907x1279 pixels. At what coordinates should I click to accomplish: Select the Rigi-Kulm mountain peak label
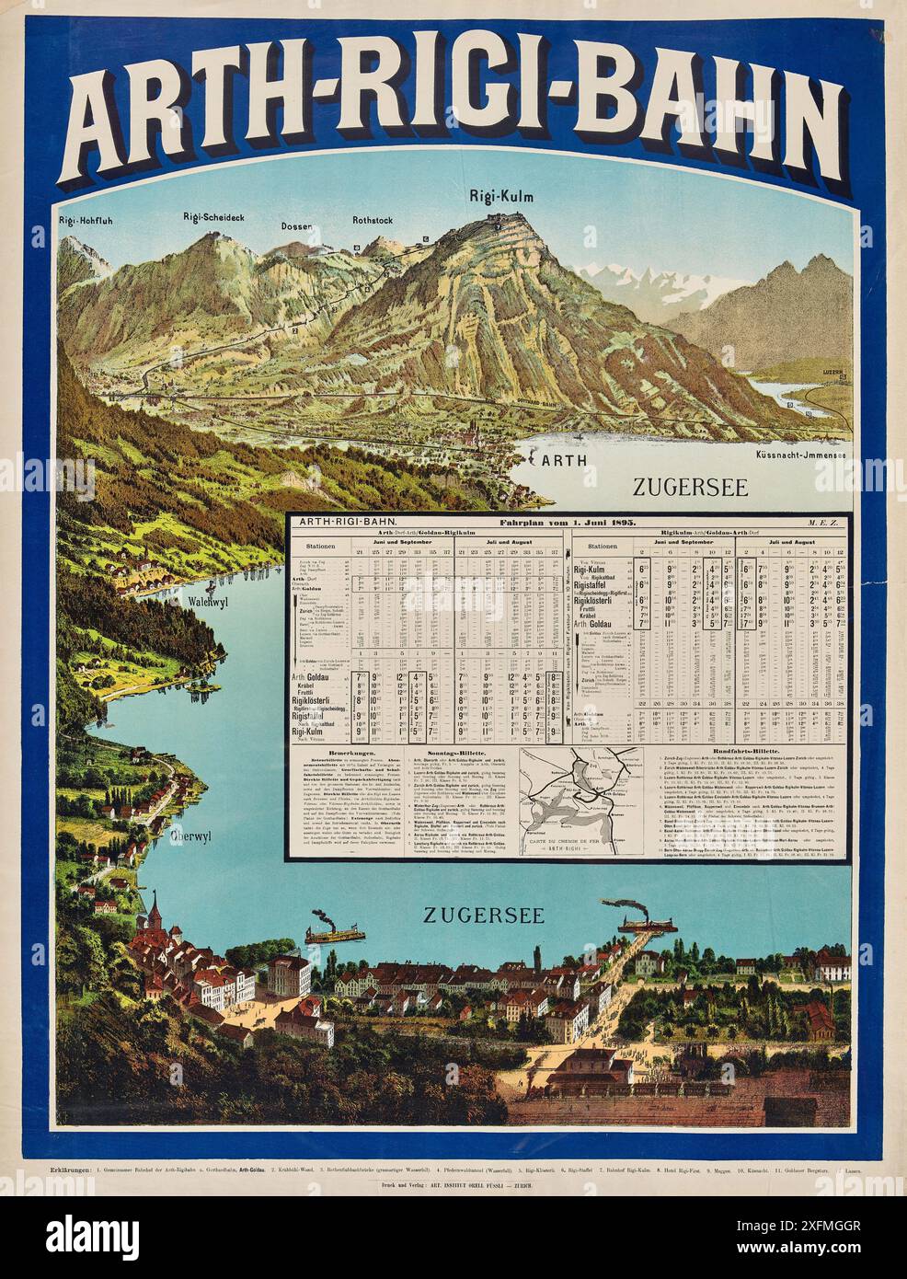tap(495, 195)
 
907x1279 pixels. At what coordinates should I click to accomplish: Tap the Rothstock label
tap(373, 221)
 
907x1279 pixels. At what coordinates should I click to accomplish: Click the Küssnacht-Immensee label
tap(802, 455)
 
